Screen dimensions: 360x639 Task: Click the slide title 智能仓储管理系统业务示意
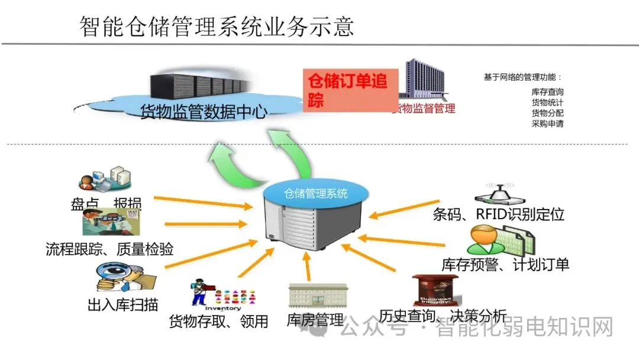(x=217, y=26)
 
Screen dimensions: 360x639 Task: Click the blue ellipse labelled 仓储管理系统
(x=316, y=193)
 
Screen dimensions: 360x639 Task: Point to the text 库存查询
(x=547, y=92)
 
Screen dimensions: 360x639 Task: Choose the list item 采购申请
(x=547, y=124)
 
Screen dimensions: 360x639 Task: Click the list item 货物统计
(x=547, y=102)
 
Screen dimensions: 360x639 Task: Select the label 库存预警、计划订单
(x=505, y=264)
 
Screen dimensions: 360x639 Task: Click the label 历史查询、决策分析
(x=443, y=314)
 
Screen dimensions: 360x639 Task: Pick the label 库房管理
(x=315, y=320)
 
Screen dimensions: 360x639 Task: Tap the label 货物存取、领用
(x=218, y=322)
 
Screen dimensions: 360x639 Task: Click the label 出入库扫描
(x=122, y=305)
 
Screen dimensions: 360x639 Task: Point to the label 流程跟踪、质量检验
(x=109, y=249)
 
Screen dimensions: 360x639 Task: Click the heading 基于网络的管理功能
(x=522, y=78)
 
